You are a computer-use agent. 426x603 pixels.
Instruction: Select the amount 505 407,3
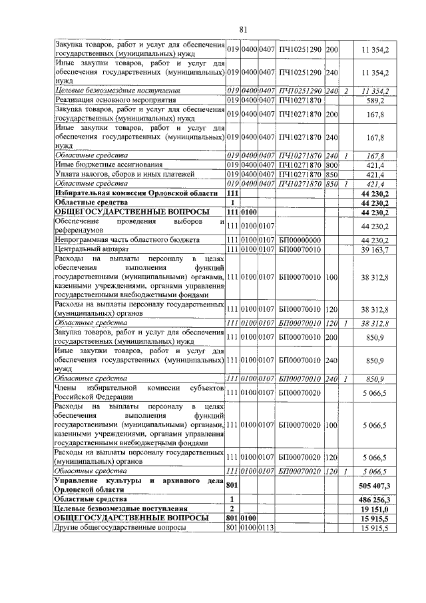click(x=375, y=484)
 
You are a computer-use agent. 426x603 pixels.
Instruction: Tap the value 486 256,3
click(x=375, y=498)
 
